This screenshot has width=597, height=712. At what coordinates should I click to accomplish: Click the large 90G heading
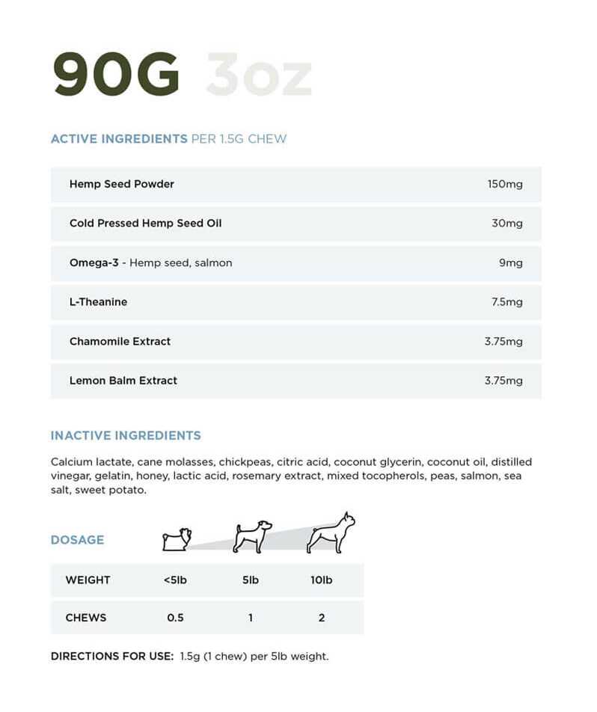(116, 75)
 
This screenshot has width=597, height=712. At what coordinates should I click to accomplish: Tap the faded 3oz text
(258, 75)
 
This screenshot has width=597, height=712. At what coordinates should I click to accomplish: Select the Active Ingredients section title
(119, 139)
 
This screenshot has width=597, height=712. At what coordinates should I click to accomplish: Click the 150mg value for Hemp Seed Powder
(504, 184)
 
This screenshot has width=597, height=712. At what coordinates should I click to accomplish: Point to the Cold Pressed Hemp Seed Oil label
(145, 223)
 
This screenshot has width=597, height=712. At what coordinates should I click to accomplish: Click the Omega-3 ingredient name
(94, 263)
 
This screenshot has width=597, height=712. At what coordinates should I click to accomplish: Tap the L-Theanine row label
(98, 302)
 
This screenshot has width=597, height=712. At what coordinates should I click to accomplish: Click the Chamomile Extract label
(120, 341)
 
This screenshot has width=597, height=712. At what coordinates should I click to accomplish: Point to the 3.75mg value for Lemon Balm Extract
(503, 381)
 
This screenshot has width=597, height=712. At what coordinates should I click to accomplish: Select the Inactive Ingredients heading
(126, 435)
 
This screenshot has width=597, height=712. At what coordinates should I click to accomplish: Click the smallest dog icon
(177, 538)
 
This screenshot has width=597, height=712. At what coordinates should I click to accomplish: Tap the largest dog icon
(331, 533)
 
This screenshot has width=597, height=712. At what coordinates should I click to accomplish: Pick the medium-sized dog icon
(251, 536)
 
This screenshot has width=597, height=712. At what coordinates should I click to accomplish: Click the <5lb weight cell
(174, 580)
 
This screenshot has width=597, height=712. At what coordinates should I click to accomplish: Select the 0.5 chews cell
(175, 618)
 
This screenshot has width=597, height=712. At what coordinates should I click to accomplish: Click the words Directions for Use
(111, 657)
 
